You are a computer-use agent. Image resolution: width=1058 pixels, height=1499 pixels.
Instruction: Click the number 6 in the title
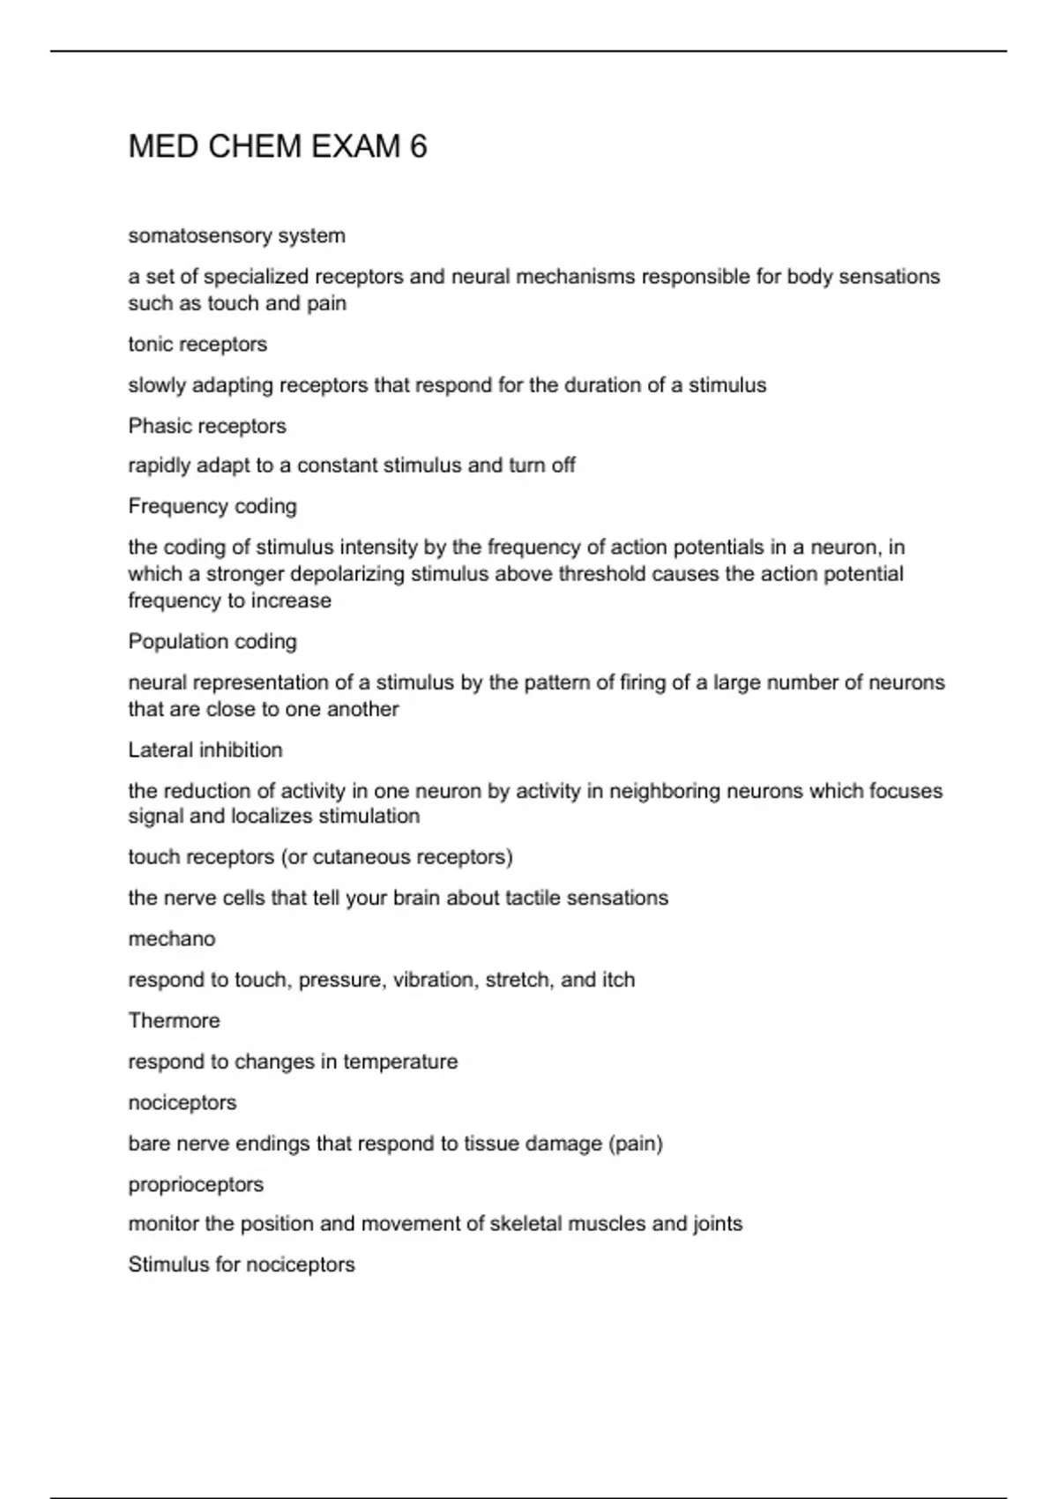point(418,146)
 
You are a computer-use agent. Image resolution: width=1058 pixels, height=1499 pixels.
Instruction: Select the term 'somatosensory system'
point(236,236)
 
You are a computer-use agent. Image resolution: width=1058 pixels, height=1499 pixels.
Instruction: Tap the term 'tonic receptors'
point(197,345)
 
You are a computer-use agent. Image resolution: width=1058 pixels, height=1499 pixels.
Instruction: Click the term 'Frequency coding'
point(212,506)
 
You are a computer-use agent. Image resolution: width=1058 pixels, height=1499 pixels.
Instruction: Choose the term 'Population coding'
point(212,642)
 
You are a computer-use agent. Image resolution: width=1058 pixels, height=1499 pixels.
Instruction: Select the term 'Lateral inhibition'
point(205,750)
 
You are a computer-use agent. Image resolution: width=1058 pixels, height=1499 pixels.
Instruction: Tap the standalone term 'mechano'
point(172,939)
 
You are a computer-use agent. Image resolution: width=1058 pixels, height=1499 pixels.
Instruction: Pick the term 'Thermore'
point(174,1021)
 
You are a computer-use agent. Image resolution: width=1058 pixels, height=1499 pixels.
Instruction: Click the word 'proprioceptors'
point(196,1184)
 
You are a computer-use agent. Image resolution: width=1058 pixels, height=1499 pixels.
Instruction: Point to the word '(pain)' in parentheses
point(635,1144)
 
